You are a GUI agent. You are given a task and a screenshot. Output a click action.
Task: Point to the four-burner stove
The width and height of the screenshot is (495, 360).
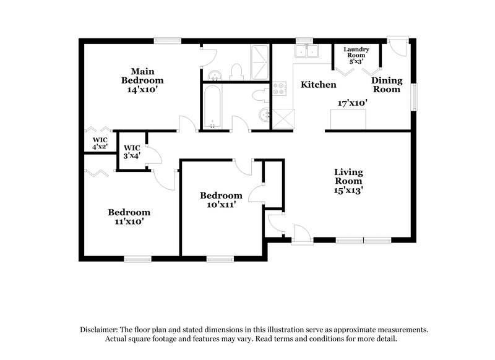tap(280, 88)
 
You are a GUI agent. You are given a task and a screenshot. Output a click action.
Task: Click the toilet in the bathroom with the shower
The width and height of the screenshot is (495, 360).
tap(235, 72)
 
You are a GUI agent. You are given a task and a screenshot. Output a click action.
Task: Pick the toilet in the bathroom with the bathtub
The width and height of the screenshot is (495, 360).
tap(261, 96)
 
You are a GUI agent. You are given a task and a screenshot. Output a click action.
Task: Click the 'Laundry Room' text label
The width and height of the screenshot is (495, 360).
tap(356, 53)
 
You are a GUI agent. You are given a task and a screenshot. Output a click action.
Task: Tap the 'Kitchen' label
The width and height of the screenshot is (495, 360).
tap(318, 84)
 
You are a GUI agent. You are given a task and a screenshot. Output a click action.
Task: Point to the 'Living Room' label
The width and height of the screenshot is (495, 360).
tap(348, 176)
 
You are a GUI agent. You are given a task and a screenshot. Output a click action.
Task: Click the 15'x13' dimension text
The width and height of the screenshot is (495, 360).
tap(348, 191)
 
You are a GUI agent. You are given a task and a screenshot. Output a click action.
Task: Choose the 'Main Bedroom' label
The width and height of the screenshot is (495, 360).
tap(142, 75)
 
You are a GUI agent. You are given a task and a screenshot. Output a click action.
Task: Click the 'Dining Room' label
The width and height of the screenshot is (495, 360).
tap(387, 85)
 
